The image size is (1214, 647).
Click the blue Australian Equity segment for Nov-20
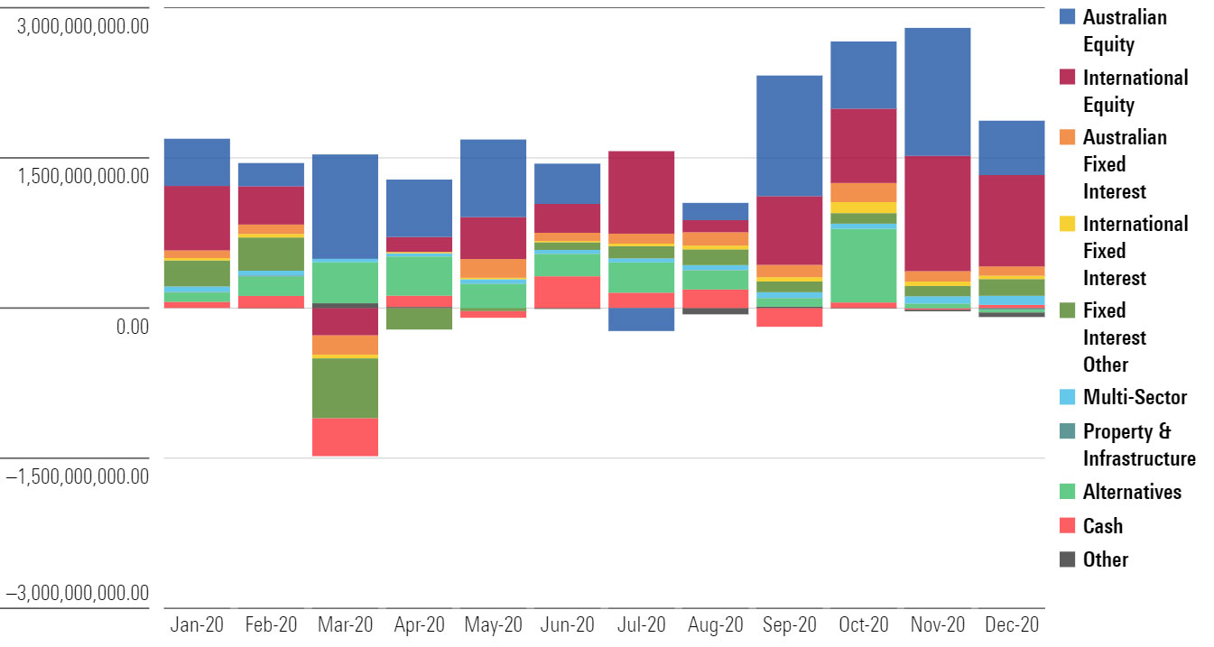click(937, 92)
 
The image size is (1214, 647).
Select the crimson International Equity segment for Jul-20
click(641, 192)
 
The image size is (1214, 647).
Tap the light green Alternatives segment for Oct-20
click(863, 265)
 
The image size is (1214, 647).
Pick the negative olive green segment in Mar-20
click(345, 388)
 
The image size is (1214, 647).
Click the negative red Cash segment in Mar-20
click(345, 437)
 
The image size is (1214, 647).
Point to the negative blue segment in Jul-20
click(641, 319)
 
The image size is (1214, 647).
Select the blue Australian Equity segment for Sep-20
click(789, 135)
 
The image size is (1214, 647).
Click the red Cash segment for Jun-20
click(567, 291)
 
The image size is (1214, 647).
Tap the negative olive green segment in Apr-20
click(419, 319)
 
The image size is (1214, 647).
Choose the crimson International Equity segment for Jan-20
click(197, 217)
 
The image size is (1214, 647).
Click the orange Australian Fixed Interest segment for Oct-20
click(863, 192)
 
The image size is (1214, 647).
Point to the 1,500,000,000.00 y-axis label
click(83, 174)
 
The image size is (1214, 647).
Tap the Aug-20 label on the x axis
click(715, 624)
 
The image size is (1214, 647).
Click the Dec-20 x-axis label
click(1011, 624)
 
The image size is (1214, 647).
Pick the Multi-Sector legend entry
click(1135, 397)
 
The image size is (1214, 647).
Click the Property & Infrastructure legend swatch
click(1067, 431)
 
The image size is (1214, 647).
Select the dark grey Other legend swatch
click(1067, 559)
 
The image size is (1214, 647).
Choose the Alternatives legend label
click(1132, 492)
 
